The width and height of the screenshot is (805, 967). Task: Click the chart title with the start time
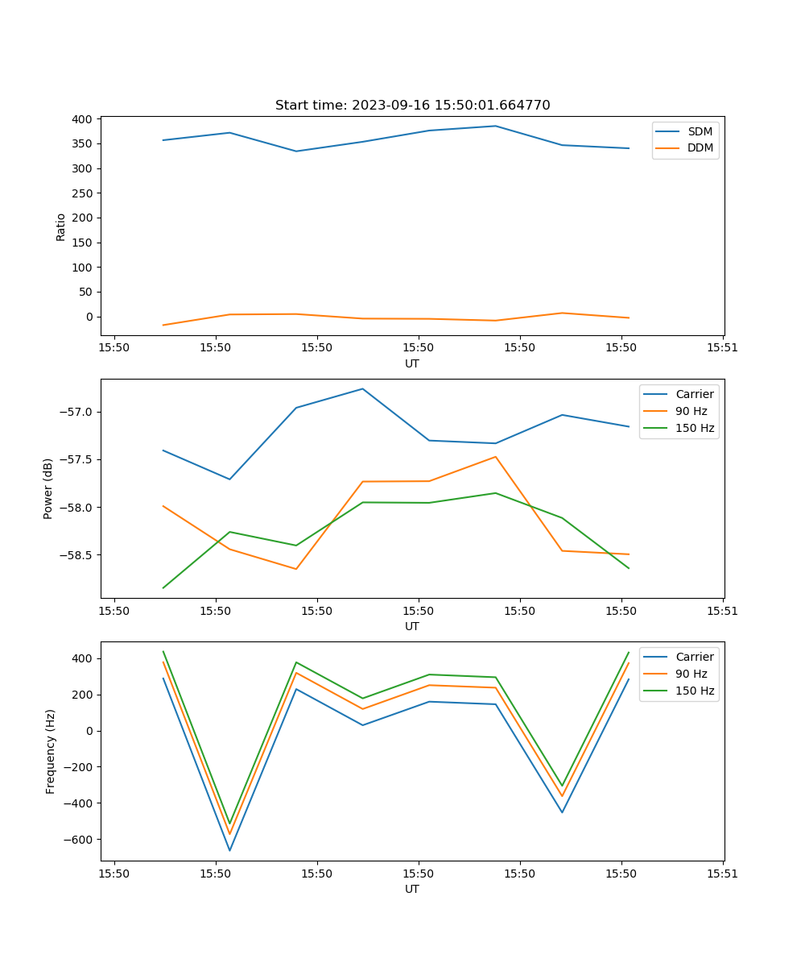pyautogui.click(x=412, y=106)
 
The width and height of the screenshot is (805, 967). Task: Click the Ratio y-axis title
pyautogui.click(x=61, y=226)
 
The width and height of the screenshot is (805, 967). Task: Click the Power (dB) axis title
pyautogui.click(x=48, y=488)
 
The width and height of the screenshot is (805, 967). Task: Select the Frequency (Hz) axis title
pyautogui.click(x=51, y=751)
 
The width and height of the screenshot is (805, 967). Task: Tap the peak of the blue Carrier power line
pyautogui.click(x=362, y=389)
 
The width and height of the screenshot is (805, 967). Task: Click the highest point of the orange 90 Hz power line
pyautogui.click(x=495, y=457)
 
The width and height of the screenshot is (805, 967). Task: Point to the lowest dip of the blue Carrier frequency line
pyautogui.click(x=229, y=850)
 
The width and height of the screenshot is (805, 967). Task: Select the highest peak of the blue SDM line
pyautogui.click(x=495, y=126)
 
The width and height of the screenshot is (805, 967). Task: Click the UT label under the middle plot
pyautogui.click(x=412, y=626)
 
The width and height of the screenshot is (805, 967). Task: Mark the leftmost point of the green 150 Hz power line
pyautogui.click(x=163, y=587)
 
